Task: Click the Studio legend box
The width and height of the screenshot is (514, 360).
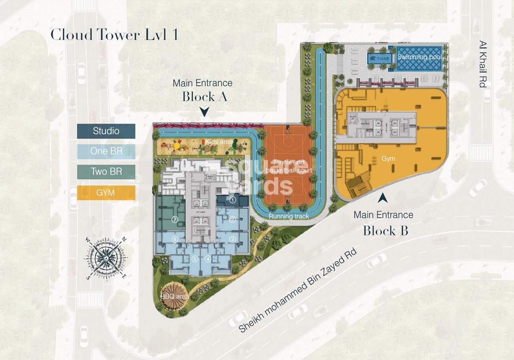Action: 106,131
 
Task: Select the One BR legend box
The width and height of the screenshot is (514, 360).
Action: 106,151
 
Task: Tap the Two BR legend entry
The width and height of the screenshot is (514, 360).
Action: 106,172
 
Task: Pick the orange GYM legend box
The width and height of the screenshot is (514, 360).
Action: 106,193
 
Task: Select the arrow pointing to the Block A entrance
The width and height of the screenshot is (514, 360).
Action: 204,112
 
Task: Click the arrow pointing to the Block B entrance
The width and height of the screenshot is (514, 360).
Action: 382,198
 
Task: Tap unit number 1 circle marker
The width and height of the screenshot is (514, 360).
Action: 233,200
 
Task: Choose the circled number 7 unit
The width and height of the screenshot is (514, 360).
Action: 175,219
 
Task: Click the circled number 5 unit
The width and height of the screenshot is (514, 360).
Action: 195,259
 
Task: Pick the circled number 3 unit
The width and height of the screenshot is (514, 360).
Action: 233,239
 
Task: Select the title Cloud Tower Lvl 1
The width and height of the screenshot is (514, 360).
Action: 114,35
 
